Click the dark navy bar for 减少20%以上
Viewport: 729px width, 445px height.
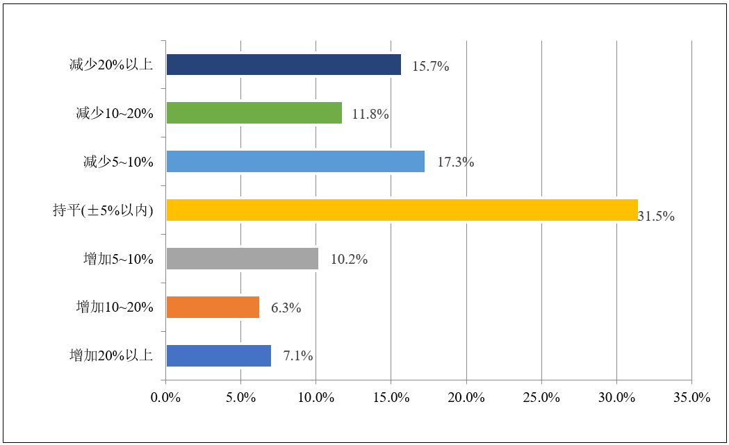tap(284, 65)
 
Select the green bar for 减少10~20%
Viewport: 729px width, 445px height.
tap(254, 113)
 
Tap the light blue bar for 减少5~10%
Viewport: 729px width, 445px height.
tap(295, 162)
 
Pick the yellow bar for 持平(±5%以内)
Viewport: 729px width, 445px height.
tap(402, 210)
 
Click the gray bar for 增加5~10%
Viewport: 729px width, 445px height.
tap(243, 259)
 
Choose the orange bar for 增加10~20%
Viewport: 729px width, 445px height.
tap(213, 308)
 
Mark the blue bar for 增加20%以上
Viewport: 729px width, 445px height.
tap(219, 356)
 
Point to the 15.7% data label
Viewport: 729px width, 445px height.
tap(431, 67)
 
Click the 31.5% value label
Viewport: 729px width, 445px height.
tap(656, 216)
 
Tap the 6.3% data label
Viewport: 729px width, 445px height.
tap(286, 308)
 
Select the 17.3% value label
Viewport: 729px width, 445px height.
tap(455, 162)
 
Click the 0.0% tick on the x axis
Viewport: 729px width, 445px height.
tap(166, 398)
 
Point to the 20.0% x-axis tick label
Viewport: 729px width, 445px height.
tap(466, 398)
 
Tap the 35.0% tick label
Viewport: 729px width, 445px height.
tap(691, 398)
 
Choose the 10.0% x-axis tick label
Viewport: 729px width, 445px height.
tap(316, 398)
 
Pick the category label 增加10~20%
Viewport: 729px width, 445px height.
tap(115, 308)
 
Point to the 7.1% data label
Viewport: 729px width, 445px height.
tap(298, 356)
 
